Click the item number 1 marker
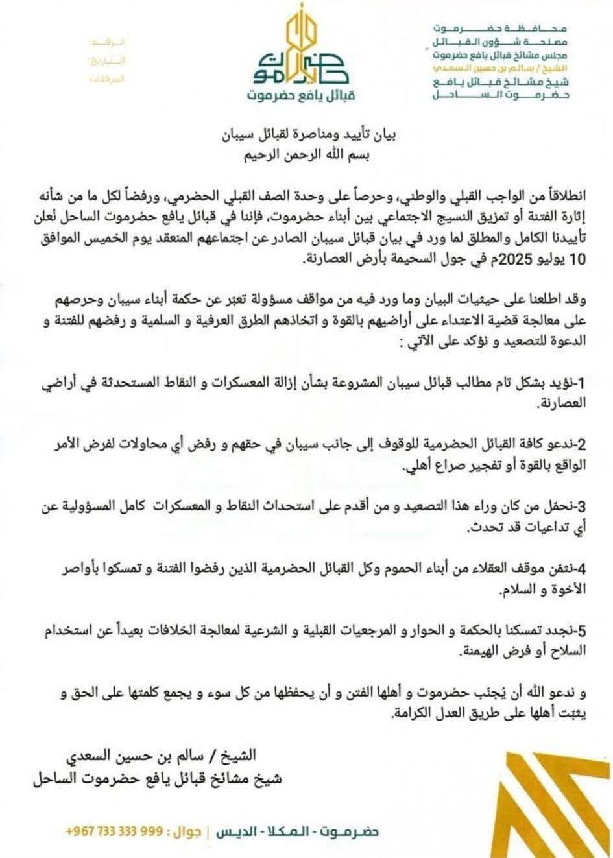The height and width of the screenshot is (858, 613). click(x=583, y=385)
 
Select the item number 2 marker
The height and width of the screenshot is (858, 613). click(x=582, y=445)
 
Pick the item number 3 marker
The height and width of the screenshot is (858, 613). click(x=582, y=506)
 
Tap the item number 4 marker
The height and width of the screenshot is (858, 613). click(x=582, y=569)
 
